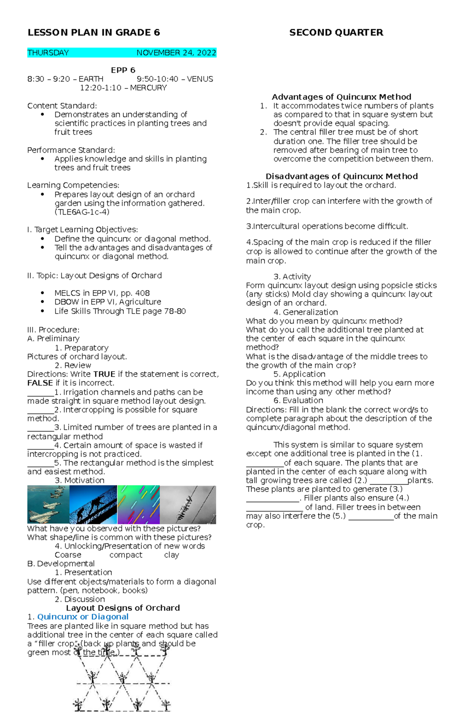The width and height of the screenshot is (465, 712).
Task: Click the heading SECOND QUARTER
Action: click(336, 33)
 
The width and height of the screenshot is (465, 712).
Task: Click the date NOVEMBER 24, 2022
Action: click(176, 53)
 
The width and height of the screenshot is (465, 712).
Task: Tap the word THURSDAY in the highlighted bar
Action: click(48, 53)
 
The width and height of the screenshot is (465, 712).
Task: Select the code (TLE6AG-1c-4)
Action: click(82, 212)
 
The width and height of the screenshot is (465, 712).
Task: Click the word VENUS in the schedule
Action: click(200, 79)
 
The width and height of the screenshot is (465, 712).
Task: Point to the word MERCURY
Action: click(148, 88)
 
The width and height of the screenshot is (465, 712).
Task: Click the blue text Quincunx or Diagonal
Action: click(83, 617)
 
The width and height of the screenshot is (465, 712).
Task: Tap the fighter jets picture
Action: click(48, 504)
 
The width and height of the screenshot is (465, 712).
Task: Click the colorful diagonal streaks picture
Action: click(138, 504)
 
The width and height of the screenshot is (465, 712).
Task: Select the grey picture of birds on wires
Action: click(188, 504)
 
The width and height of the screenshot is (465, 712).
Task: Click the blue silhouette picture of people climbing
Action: click(93, 504)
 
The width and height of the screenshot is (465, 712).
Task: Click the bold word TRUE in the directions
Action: click(104, 374)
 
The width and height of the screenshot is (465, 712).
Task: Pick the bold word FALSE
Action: click(40, 383)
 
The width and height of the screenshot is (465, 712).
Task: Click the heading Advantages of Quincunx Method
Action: click(341, 97)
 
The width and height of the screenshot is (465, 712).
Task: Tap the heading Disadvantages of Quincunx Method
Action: click(341, 177)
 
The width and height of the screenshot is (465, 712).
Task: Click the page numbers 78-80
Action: click(175, 311)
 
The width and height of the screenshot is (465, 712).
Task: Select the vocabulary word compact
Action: click(126, 555)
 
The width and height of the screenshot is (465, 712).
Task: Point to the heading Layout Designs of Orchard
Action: click(123, 608)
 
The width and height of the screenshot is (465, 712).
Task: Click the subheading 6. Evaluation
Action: click(298, 400)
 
